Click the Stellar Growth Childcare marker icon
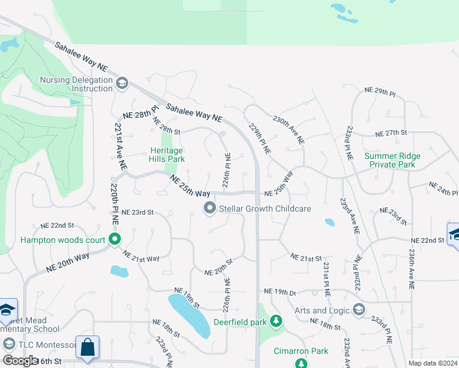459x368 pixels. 210,209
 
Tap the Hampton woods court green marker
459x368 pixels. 114,239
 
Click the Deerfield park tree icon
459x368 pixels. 277,321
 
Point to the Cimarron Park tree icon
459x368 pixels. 301,364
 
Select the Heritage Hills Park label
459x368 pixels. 167,155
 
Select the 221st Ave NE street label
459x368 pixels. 120,146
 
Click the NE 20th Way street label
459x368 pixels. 67,262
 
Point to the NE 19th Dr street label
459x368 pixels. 280,291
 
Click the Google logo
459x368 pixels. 20,361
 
